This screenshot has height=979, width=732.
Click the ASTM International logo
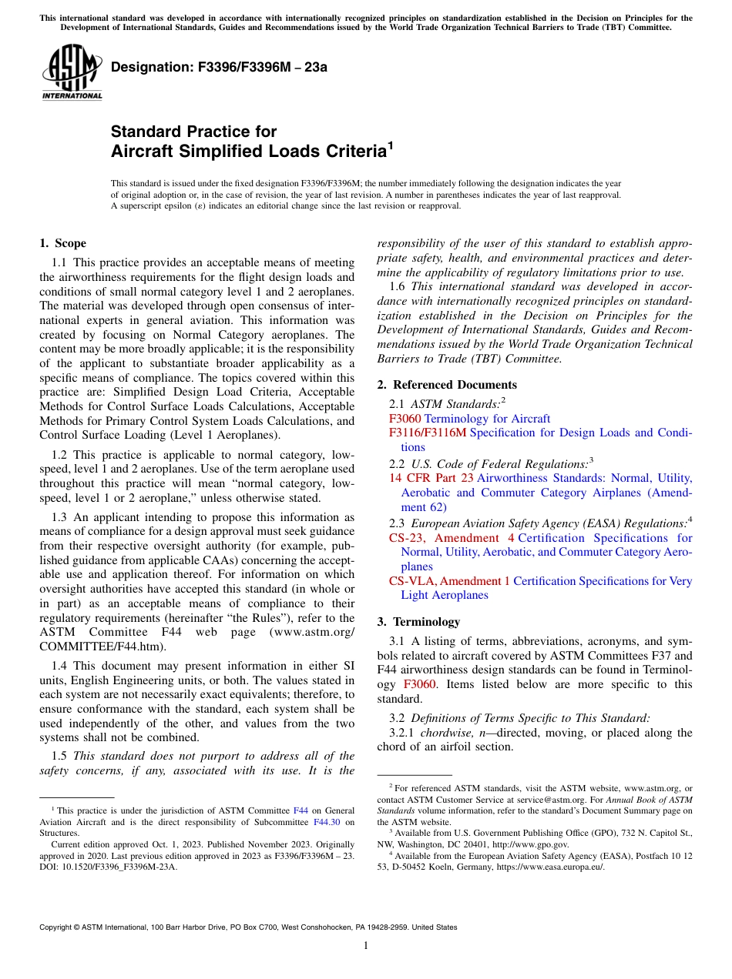(72, 72)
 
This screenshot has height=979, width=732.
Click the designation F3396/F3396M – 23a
(219, 67)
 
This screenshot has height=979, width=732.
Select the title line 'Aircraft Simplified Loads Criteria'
(248, 152)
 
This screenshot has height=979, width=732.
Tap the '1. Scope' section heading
(62, 244)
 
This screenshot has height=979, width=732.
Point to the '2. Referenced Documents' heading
(447, 385)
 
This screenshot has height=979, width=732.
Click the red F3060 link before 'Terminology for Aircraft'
(405, 419)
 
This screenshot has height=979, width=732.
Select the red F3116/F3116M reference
(428, 433)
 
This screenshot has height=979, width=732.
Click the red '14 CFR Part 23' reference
(431, 478)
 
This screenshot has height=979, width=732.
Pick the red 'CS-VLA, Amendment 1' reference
(449, 581)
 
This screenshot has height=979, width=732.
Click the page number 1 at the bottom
(366, 946)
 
